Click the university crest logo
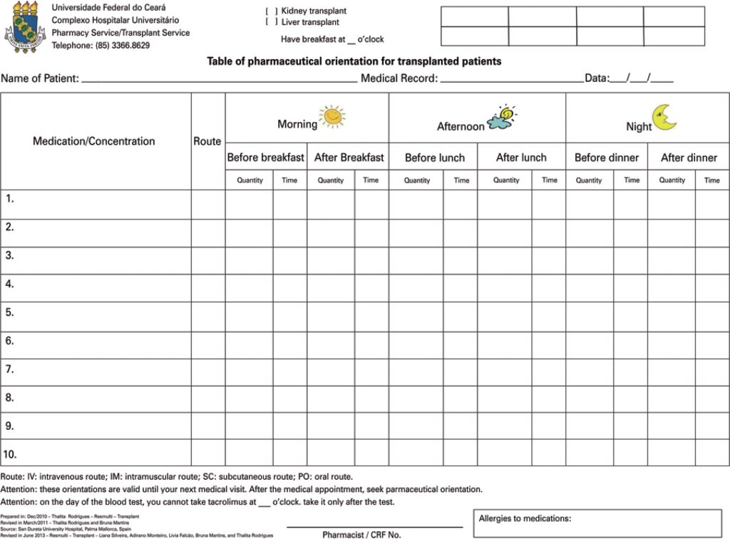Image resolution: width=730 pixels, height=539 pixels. click(25, 28)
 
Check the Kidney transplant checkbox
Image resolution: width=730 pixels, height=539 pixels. click(272, 11)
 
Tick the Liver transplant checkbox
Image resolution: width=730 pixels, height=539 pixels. click(272, 22)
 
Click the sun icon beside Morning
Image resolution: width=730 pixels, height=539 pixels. click(332, 116)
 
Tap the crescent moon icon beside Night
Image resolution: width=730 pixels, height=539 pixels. click(664, 118)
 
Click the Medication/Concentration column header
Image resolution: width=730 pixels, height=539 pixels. click(93, 141)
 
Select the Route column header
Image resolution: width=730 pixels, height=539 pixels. click(207, 141)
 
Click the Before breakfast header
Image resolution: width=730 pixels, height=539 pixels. click(265, 158)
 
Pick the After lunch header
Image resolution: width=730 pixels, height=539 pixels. click(521, 158)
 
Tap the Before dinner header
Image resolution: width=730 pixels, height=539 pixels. click(607, 158)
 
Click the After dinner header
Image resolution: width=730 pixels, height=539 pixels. click(689, 158)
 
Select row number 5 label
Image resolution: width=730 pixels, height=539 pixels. click(10, 312)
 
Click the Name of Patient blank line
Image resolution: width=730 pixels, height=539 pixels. click(219, 81)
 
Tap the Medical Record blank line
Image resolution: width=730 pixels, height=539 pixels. click(510, 81)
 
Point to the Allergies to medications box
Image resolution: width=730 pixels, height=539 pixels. click(597, 523)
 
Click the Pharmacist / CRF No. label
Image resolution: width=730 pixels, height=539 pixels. click(361, 534)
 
